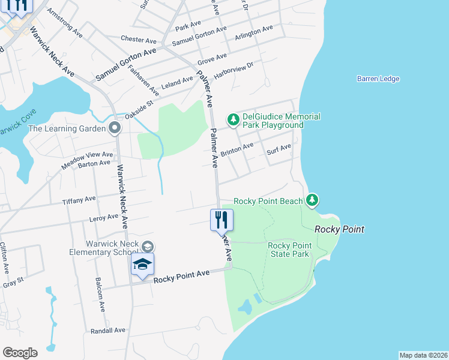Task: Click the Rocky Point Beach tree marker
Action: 312,200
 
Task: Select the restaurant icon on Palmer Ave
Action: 221,220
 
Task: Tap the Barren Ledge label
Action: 378,79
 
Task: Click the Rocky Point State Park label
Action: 289,250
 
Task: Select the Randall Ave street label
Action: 107,330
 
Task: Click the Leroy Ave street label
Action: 104,217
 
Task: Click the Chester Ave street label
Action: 138,40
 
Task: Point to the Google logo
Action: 20,353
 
